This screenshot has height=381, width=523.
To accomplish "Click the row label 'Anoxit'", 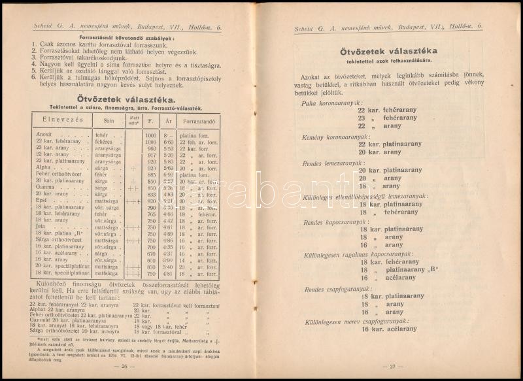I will pyautogui.click(x=45, y=134).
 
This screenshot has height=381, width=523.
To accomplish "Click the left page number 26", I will pyautogui.click(x=127, y=367).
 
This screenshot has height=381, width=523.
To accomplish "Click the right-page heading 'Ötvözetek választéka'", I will pyautogui.click(x=392, y=51).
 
